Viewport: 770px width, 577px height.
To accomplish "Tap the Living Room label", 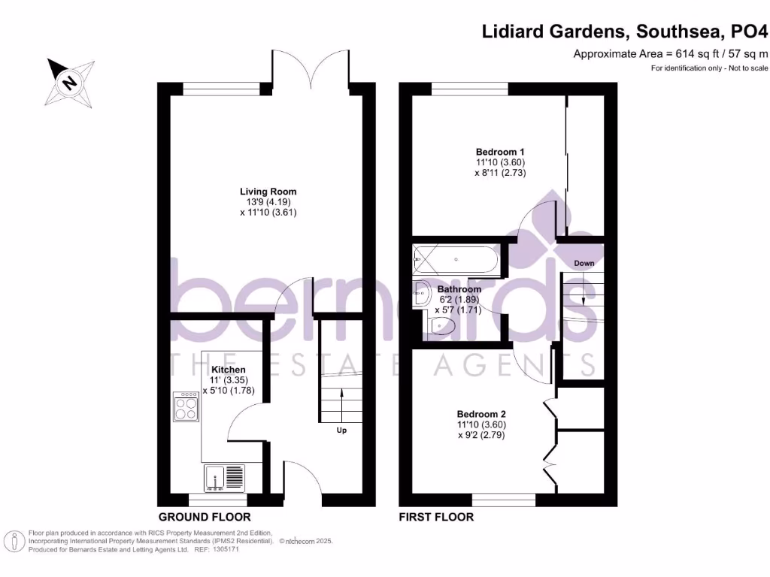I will (x=258, y=191).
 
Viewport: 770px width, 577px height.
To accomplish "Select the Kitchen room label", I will (x=228, y=370).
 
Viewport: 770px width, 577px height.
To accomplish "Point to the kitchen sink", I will (x=224, y=479).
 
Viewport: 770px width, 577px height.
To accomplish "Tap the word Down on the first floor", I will (x=584, y=264).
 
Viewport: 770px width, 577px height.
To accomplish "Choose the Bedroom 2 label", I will (x=482, y=414).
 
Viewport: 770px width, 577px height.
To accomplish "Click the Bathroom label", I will (x=459, y=289).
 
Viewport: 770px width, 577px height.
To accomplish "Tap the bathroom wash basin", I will (x=422, y=293).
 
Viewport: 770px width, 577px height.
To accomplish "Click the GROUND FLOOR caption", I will (x=205, y=517).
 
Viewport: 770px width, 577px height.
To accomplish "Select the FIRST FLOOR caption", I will (x=436, y=517).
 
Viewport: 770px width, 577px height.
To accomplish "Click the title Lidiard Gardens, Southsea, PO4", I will (x=625, y=32).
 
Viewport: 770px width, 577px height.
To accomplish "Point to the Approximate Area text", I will (x=671, y=53).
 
